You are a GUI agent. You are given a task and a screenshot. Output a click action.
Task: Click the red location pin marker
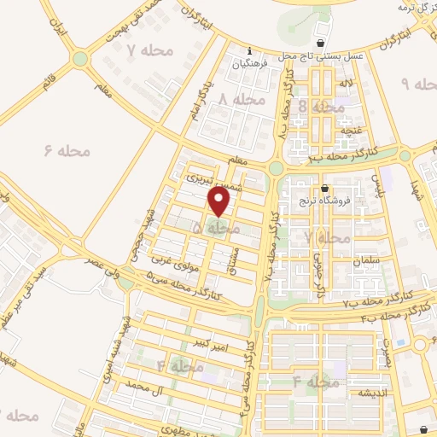click(220, 201)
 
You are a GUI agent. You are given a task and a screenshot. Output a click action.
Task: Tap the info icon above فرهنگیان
click(248, 49)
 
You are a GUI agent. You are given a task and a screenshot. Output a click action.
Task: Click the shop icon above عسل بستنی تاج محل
click(320, 43)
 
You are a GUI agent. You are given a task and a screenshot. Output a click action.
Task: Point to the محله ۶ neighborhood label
click(66, 150)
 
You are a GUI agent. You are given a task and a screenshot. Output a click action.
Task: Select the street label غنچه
click(347, 130)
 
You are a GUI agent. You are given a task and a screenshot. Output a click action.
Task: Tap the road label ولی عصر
click(109, 265)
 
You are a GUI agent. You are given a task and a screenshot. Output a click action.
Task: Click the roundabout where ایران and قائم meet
click(80, 59)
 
